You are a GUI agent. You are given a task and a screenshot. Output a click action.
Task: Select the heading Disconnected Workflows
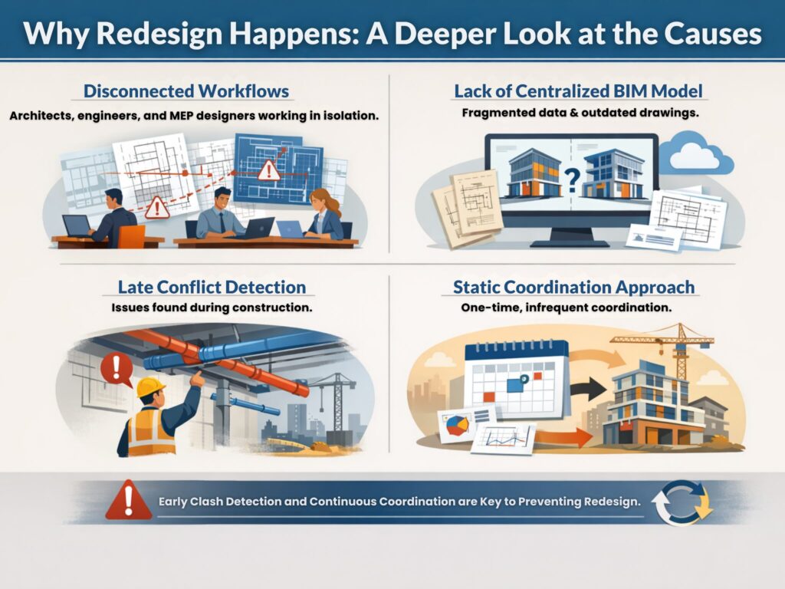pos(186,91)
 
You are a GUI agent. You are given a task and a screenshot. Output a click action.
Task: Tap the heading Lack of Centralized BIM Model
pos(578,91)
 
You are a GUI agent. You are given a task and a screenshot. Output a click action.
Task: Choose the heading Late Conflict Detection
pos(212,288)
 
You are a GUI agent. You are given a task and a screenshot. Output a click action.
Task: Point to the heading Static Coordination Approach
pos(574,288)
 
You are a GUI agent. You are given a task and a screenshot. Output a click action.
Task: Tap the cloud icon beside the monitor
pos(695,155)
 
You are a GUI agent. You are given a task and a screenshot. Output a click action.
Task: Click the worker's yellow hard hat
pos(151,387)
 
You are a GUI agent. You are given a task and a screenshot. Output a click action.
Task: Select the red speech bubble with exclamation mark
pos(116,369)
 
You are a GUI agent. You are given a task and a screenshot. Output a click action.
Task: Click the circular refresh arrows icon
pos(682,503)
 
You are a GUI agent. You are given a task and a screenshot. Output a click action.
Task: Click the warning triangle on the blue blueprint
pos(269,171)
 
